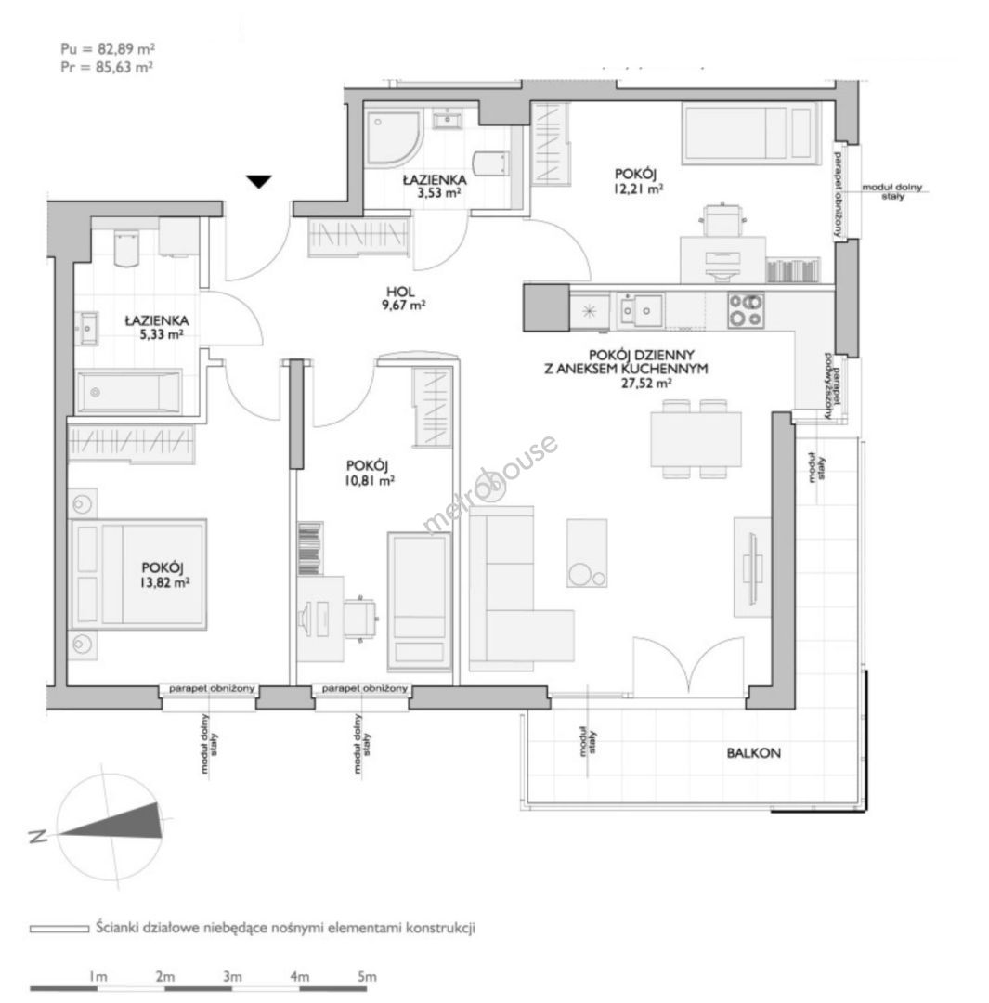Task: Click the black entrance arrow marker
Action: [x=259, y=182]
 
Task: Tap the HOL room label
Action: [x=400, y=291]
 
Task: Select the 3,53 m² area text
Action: [x=439, y=192]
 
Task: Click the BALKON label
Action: [x=753, y=753]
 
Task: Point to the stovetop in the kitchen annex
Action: [x=746, y=310]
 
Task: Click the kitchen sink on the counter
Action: [x=641, y=311]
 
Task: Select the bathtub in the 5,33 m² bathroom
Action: [x=129, y=392]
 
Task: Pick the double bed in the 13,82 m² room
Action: [x=138, y=574]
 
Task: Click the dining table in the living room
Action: [x=696, y=439]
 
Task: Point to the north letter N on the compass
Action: [x=38, y=836]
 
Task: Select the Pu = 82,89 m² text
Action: [x=108, y=48]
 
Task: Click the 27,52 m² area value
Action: [x=646, y=384]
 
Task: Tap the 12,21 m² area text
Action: [x=638, y=189]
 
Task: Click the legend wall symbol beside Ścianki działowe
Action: [x=59, y=928]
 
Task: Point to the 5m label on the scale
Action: [x=367, y=977]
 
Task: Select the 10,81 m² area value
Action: [x=370, y=481]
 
